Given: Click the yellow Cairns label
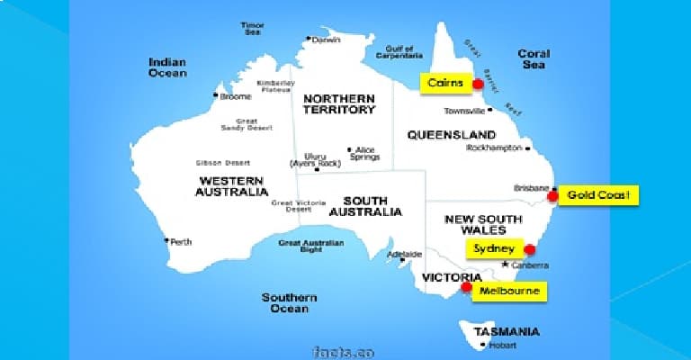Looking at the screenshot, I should point(445,83).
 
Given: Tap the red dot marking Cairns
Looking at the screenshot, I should point(478,85).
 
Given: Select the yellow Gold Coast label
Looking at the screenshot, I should point(598,194).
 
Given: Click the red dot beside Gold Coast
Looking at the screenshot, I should point(552,195).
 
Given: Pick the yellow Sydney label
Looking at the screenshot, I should point(494,248).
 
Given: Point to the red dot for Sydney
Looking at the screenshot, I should point(529,249).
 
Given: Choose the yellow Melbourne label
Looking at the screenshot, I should point(509,292).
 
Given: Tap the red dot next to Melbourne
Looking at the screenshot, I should point(466,288).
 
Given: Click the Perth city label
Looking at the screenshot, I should point(181,242).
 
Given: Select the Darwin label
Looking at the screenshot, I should point(328,40).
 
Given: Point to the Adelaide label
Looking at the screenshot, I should point(404,254).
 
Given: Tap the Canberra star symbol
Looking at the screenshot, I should point(506,265).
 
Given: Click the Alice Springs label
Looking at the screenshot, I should point(364,153).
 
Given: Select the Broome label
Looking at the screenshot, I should point(235,95).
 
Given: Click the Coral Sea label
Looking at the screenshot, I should point(534,59).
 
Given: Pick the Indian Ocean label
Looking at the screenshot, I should point(167,67).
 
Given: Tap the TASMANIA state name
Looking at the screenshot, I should point(509,330).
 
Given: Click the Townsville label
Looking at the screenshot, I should point(465,112).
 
